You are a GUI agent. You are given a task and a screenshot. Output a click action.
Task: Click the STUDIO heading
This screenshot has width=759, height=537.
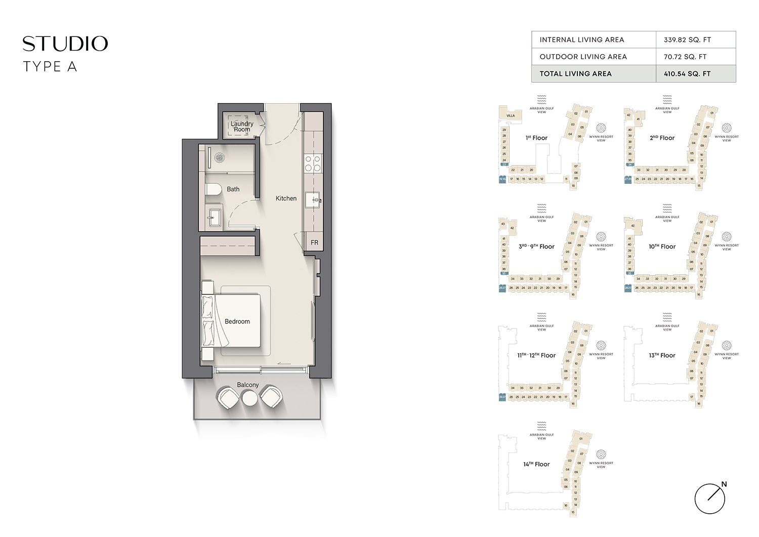pos(65,44)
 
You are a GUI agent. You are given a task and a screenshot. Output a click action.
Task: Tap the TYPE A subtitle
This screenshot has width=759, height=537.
pos(50,67)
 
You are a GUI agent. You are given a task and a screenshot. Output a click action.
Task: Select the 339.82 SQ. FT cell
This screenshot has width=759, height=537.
pos(687,40)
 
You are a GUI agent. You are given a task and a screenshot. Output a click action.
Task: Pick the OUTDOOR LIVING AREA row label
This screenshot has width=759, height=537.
pos(583,57)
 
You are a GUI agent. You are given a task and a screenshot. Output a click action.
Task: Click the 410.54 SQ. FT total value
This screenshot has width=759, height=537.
pos(687,74)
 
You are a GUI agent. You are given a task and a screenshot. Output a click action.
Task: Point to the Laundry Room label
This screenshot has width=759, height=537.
pos(242,127)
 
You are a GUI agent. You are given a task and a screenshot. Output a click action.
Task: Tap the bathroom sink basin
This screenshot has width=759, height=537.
pos(212,218)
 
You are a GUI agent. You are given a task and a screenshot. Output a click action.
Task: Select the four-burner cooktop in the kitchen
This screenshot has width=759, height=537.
pos(313,163)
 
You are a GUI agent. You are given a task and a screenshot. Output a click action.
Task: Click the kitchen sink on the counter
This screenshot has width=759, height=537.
pos(315,200)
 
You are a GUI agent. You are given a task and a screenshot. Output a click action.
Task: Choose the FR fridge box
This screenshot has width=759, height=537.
pos(314,243)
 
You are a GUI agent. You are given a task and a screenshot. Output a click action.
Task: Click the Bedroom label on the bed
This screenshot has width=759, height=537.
pos(237,321)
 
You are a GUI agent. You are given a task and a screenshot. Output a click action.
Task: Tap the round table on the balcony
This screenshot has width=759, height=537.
pos(250,398)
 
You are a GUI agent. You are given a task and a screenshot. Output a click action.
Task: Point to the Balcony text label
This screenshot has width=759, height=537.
pos(248,385)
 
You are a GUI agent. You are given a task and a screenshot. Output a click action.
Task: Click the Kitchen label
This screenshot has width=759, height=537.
pos(286,198)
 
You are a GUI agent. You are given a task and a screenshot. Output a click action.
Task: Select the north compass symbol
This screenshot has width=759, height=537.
pos(710,498)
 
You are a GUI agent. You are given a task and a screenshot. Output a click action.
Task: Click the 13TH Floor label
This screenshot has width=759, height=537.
pos(662,355)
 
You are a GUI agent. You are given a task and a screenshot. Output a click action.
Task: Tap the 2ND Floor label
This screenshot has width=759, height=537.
pos(662,138)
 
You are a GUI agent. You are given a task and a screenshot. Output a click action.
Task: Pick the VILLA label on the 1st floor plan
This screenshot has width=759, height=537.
pos(511,115)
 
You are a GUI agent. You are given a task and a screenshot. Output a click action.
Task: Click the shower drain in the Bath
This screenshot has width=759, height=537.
pos(219,157)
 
